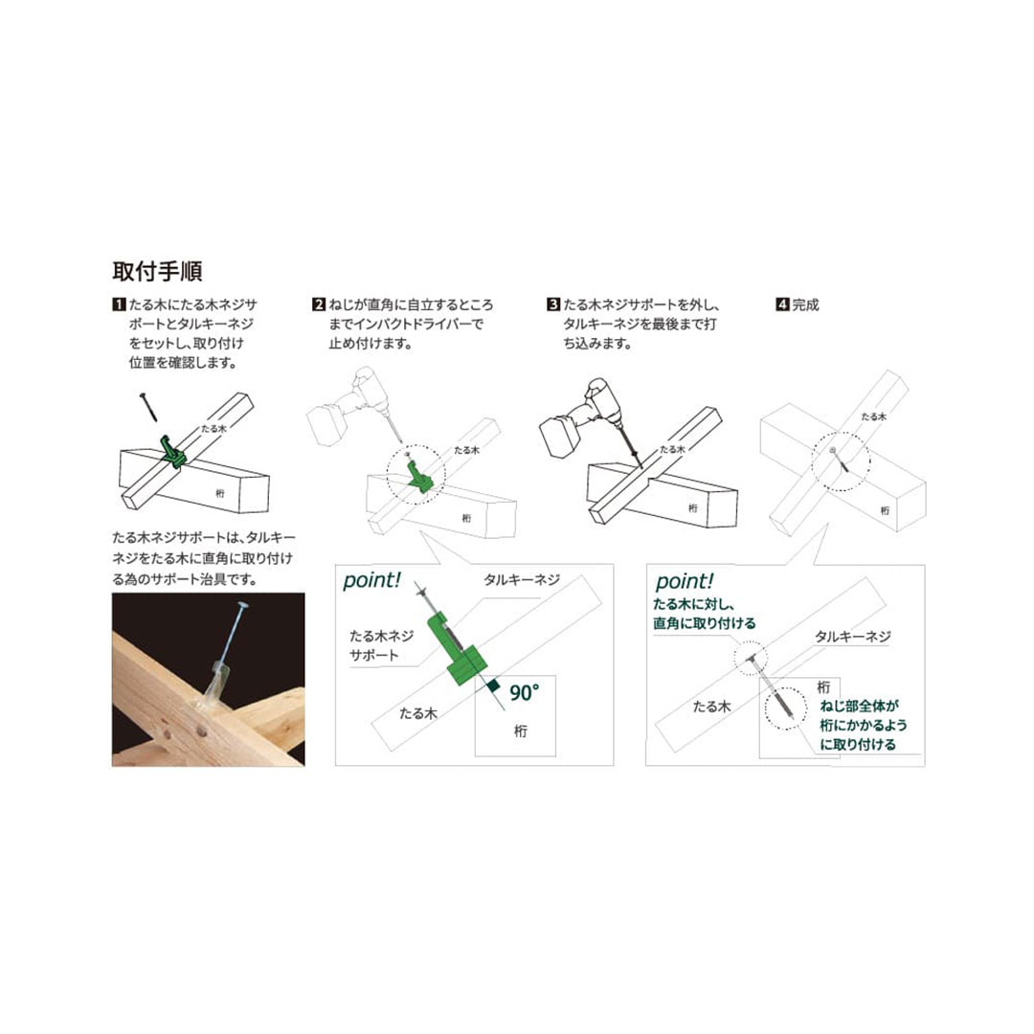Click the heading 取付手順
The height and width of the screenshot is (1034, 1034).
click(x=157, y=271)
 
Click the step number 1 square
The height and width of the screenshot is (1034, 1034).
click(x=119, y=304)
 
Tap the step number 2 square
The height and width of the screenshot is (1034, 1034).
click(x=319, y=304)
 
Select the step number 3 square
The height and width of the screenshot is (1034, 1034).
click(x=553, y=304)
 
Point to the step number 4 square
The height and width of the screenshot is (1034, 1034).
click(x=782, y=304)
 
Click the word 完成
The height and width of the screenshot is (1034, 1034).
click(x=805, y=304)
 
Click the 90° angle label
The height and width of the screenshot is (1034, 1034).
click(x=525, y=692)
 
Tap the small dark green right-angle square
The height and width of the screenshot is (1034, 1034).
click(x=493, y=686)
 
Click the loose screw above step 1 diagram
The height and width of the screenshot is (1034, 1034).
click(x=148, y=407)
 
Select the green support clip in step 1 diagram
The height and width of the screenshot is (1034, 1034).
click(x=173, y=451)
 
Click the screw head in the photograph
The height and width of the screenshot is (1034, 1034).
click(x=241, y=605)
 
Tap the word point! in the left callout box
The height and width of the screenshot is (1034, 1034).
click(x=371, y=580)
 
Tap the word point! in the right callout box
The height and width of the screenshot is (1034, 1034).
click(x=685, y=582)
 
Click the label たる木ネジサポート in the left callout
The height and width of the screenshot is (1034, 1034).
click(x=382, y=645)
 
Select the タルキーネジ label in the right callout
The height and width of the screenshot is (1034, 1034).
click(x=853, y=637)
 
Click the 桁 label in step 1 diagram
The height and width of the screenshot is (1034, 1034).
click(x=220, y=493)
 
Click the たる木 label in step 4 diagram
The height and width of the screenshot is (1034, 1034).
click(x=874, y=416)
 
